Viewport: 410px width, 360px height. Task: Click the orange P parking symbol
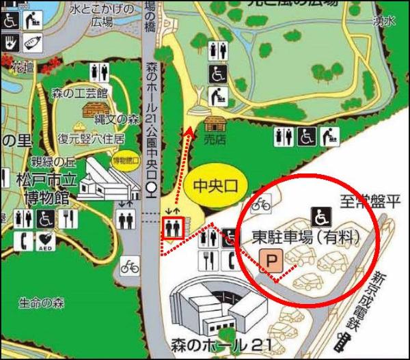tap(271, 260)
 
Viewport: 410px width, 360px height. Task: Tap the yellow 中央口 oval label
tap(215, 185)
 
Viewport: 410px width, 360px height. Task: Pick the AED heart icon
tap(46, 241)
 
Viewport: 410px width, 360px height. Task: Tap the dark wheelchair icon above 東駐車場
tap(319, 217)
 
